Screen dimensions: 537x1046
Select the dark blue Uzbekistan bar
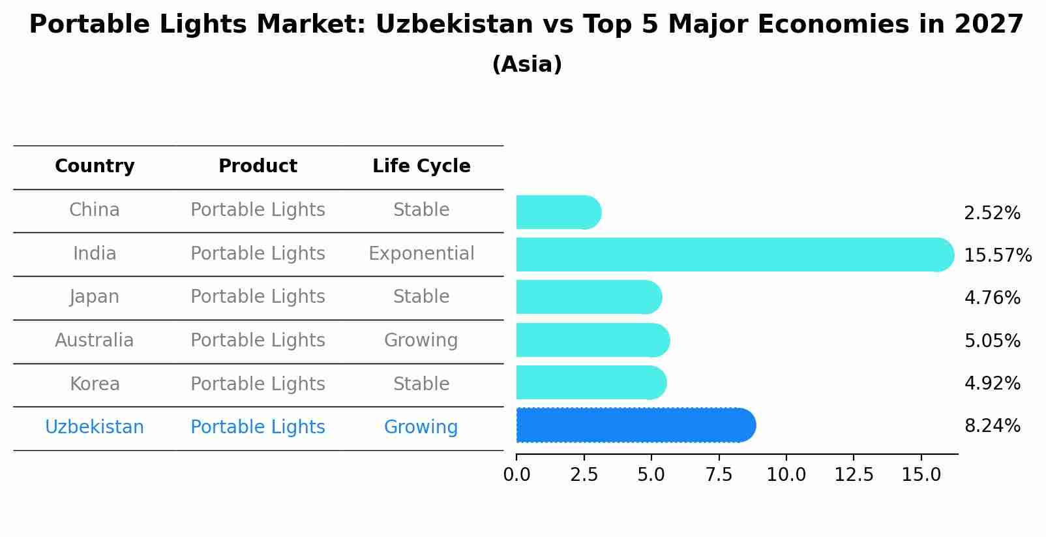635,425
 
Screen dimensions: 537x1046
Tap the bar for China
558,212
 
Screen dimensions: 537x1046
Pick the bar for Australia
592,340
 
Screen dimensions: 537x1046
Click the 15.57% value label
997,255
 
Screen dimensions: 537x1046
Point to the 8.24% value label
992,426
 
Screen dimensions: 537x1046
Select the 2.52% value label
992,213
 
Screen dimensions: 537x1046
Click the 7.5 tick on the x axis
719,474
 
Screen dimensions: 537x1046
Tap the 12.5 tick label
854,474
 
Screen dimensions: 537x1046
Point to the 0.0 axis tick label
516,474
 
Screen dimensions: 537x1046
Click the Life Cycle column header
421,166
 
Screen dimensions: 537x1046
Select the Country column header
95,166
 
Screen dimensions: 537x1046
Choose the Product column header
258,166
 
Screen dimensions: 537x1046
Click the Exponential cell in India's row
421,253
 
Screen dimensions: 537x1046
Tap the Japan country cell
95,297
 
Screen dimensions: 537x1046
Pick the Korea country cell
95,384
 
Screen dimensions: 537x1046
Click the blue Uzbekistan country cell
95,427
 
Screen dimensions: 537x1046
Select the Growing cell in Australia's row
421,340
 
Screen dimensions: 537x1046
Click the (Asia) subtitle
527,65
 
